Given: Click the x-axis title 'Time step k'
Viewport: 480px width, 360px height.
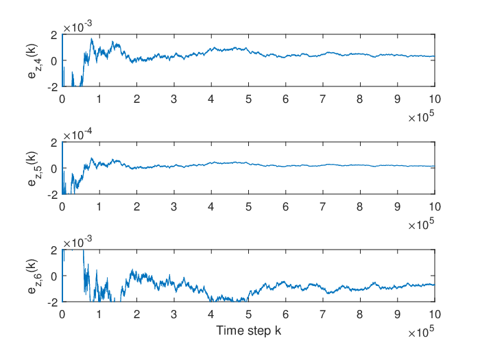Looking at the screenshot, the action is coord(248,331).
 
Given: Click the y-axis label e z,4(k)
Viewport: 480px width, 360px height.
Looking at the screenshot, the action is coord(34,61).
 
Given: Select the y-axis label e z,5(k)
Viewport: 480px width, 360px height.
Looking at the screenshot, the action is coord(34,169).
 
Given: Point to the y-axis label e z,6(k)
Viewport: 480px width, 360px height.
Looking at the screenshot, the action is coord(34,276).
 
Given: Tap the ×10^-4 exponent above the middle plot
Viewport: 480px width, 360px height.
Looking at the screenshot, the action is coord(77,134).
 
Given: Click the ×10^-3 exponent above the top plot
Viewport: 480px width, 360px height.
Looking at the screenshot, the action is coord(77,27).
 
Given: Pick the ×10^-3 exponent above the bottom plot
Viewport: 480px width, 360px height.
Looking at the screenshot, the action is coord(77,242).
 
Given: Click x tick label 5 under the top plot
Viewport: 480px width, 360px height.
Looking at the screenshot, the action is coord(248,99).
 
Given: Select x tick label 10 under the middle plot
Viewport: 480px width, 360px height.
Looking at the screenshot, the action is coord(435,206).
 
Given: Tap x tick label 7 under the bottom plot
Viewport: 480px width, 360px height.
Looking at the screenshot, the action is coord(323,314).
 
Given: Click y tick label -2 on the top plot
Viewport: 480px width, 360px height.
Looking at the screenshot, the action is coord(53,87).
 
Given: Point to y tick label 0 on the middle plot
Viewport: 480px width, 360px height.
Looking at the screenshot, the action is coord(54,169).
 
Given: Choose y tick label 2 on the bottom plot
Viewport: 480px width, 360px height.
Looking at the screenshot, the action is coord(54,250).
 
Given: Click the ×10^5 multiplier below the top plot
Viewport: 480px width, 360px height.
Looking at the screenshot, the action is coord(421,117).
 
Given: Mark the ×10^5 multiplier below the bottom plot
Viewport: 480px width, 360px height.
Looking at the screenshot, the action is coord(421,332).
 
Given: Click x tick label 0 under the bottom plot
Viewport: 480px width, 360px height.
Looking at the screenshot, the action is coord(62,314).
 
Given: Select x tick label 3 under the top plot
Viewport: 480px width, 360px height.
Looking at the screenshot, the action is coord(174,99).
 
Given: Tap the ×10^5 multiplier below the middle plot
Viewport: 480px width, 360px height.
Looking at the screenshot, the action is coord(421,224).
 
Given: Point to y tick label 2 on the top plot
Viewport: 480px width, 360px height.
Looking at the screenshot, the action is coord(54,35).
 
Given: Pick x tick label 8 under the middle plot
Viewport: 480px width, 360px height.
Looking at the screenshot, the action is coord(360,206).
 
